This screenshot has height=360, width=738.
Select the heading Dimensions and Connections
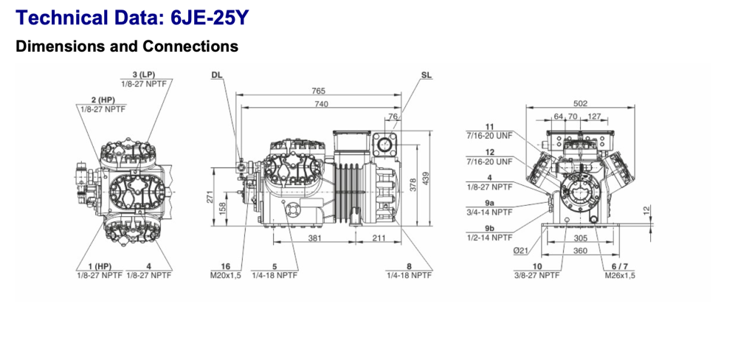click(127, 46)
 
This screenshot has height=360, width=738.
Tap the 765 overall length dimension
click(318, 91)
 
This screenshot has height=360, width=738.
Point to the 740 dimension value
click(321, 105)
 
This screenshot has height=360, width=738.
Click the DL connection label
click(216, 75)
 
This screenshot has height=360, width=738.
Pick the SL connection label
click(427, 75)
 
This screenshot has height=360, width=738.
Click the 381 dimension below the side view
click(314, 238)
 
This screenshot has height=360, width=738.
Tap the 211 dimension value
click(379, 238)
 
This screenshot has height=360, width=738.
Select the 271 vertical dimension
click(210, 195)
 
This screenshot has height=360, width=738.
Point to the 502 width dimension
click(581, 103)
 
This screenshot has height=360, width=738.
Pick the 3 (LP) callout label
click(144, 75)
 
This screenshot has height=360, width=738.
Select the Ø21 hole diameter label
click(520, 252)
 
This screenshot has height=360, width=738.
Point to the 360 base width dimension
click(580, 252)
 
